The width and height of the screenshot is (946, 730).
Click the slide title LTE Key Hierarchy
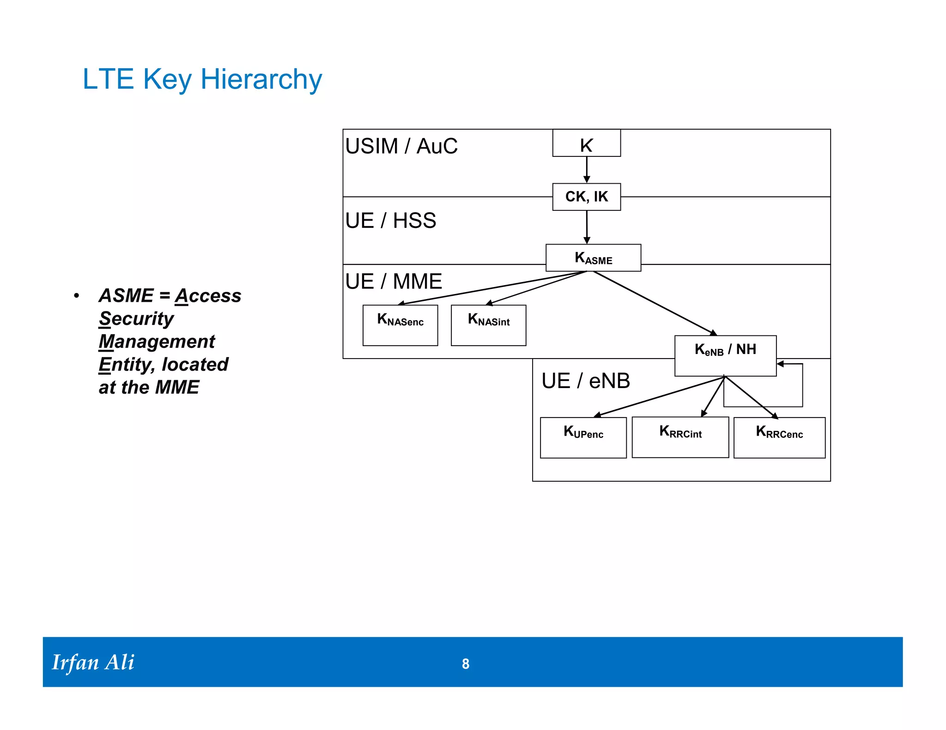click(202, 79)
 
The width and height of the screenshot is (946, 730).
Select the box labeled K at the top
click(586, 144)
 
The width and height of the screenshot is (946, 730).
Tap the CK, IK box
click(586, 197)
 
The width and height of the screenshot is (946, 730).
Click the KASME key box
click(593, 258)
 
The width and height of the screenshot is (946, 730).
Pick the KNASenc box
click(400, 325)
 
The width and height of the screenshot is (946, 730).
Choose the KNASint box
click(488, 325)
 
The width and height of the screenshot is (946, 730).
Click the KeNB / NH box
click(725, 355)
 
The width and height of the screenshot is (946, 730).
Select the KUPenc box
click(583, 437)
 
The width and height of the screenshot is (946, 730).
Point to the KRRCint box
click(680, 437)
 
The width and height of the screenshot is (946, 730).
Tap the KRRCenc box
click(779, 437)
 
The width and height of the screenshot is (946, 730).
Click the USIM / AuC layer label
click(401, 146)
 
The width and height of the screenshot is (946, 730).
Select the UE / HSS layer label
click(390, 221)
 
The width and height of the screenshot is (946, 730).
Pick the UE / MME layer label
click(394, 281)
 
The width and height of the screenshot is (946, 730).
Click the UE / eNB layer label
click(585, 381)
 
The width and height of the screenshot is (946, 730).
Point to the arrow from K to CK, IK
click(587, 169)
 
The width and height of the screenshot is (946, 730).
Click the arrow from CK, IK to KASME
click(587, 227)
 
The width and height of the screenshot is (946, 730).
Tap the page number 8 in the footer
click(466, 664)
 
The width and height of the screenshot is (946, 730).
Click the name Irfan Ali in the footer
click(93, 662)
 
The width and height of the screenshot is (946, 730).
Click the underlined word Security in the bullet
click(136, 318)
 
